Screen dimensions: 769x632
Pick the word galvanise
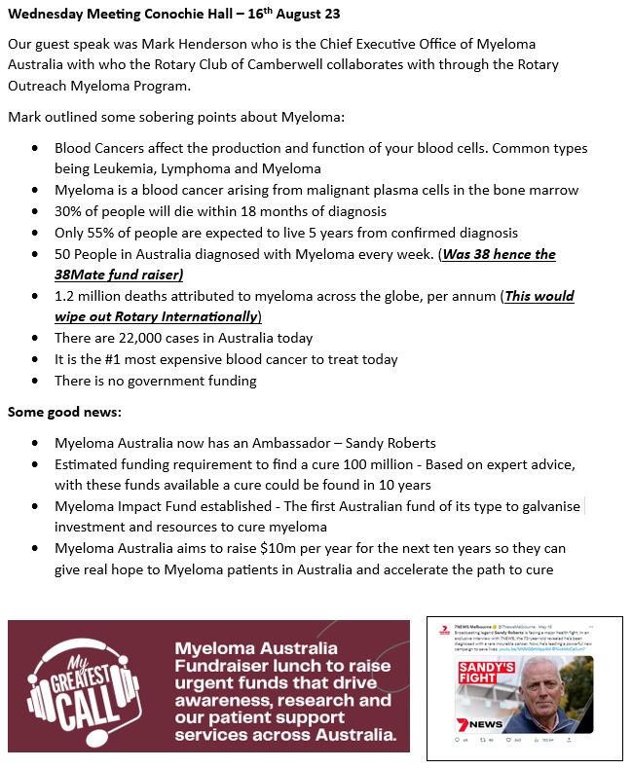point(542,506)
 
